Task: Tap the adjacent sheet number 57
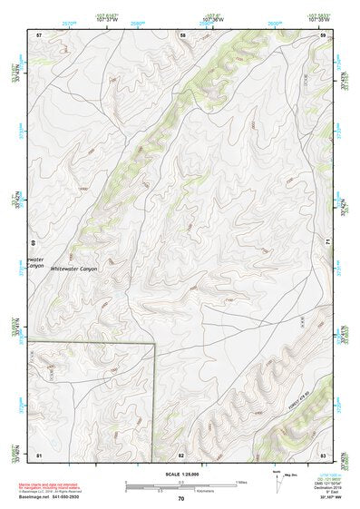pos(39,34)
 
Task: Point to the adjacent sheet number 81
pos(39,454)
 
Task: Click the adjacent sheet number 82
pos(181,454)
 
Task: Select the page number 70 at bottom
pos(181,498)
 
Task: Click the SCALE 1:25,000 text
pos(180,474)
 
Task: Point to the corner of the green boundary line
pos(155,344)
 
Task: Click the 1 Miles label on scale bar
pos(241,481)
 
